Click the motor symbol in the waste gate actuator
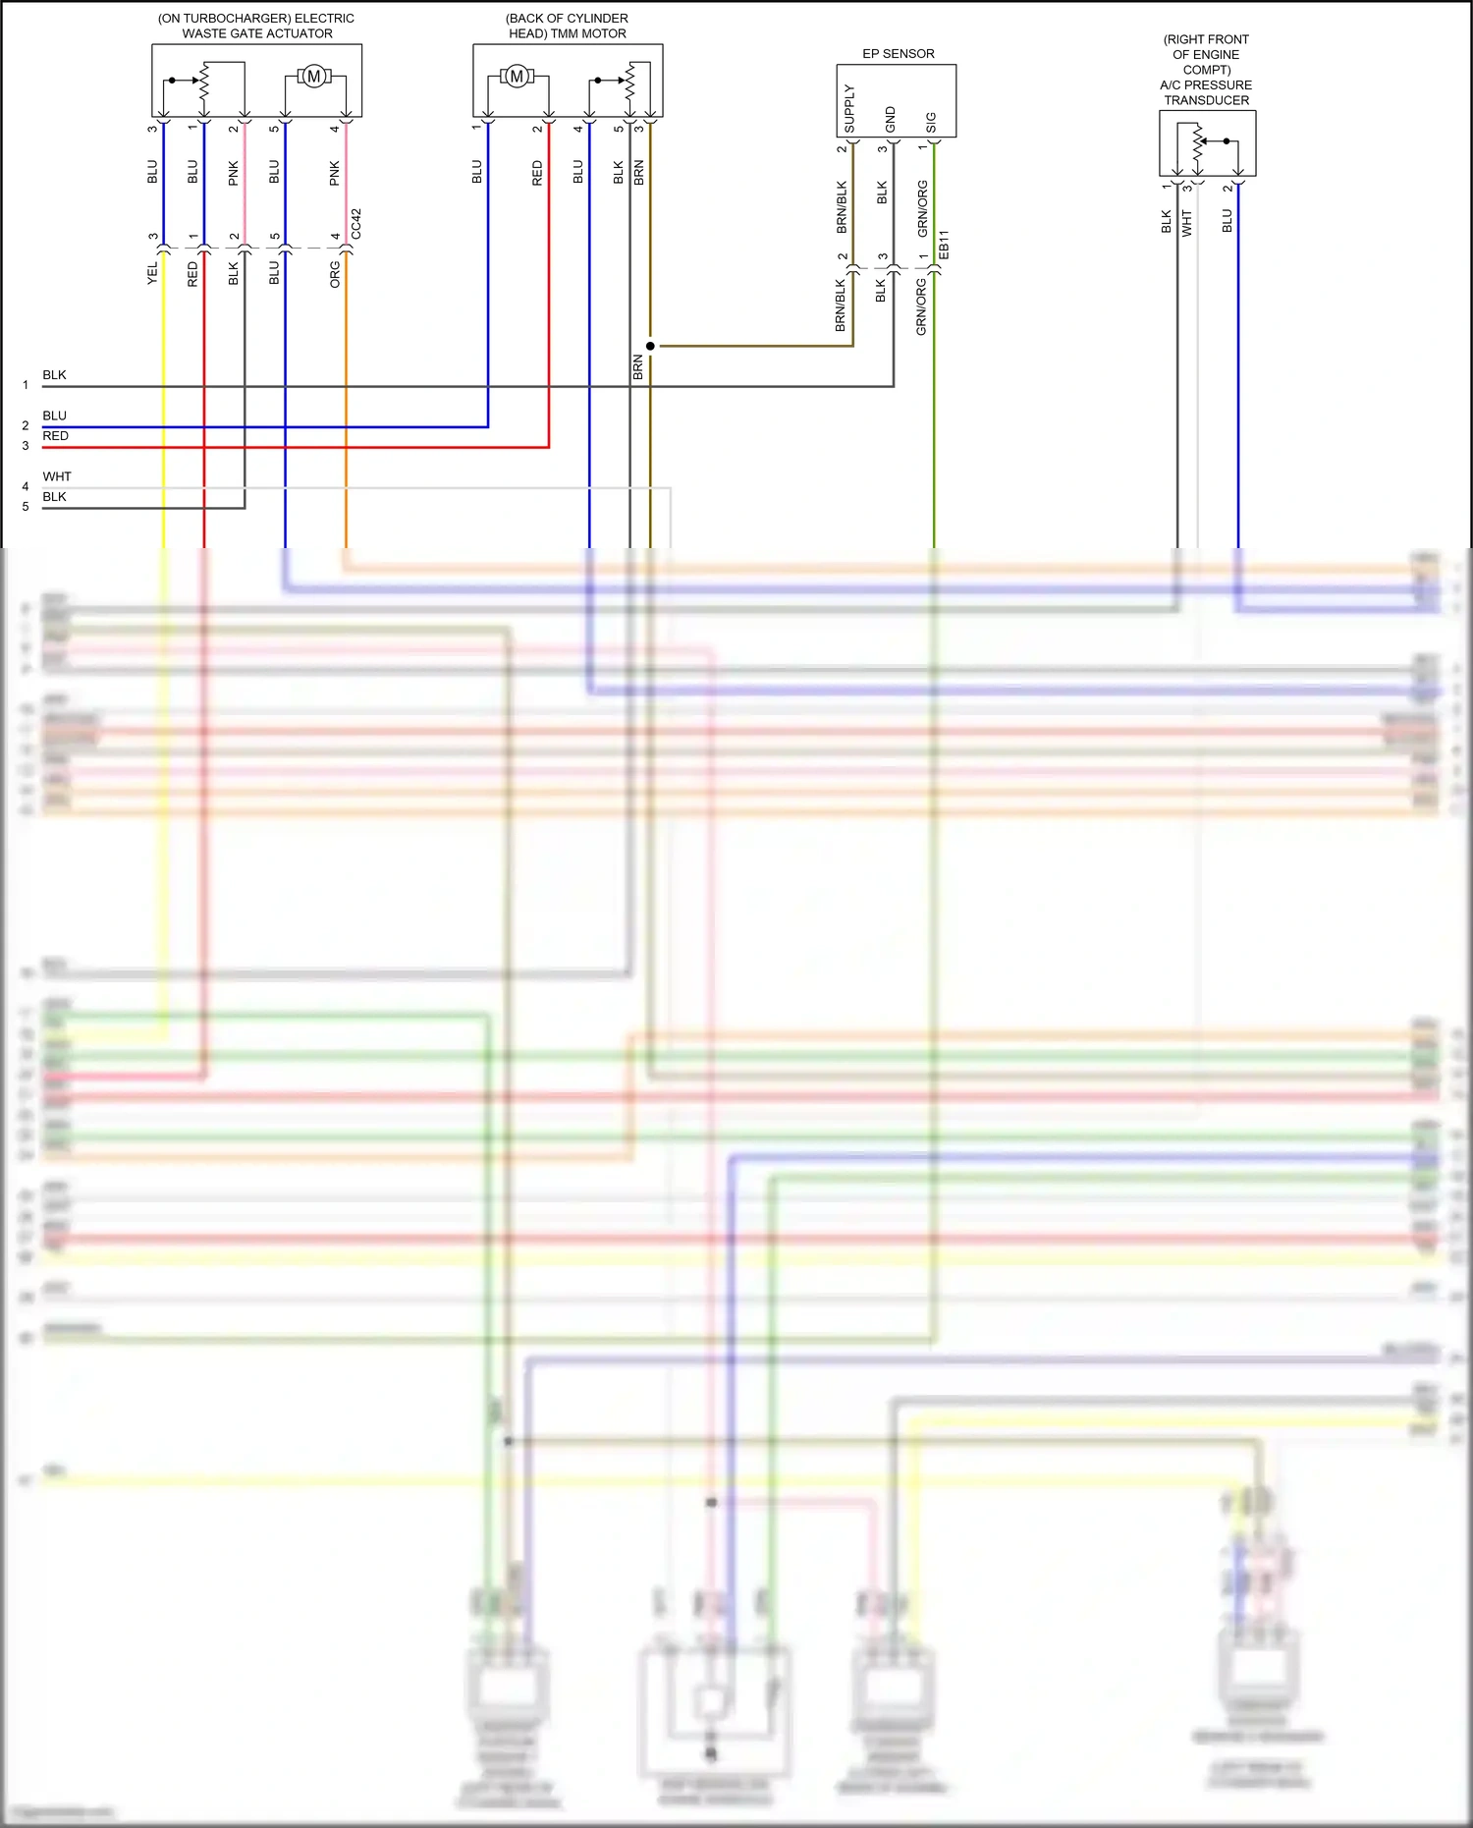314,76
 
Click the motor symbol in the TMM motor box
517,76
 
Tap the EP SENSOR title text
898,53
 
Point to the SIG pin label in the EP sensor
931,122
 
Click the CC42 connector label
356,223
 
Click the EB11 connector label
944,245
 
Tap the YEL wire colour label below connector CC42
152,273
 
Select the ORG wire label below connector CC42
335,273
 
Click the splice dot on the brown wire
650,346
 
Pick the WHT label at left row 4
57,476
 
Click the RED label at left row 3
56,436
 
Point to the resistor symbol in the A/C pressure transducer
1198,142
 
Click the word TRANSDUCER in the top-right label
1206,100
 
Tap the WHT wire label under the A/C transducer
1186,222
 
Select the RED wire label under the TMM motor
537,173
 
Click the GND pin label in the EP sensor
891,119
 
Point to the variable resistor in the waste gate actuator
204,81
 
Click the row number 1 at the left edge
26,385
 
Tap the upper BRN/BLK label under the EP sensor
842,206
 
